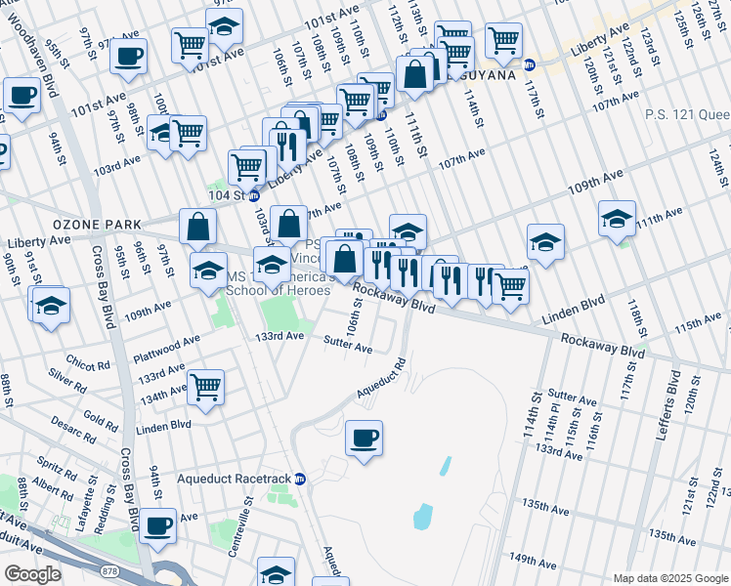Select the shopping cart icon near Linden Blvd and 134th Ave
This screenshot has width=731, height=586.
point(206,387)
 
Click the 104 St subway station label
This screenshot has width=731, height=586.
point(231,195)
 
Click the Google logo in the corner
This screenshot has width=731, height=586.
point(33,574)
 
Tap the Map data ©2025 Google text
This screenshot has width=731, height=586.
point(668,578)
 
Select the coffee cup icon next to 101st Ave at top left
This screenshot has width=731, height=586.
point(129,56)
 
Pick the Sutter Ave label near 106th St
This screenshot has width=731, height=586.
point(348,347)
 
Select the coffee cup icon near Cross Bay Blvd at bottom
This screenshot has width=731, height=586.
point(157,525)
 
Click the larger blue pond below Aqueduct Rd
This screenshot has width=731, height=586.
point(423,516)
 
